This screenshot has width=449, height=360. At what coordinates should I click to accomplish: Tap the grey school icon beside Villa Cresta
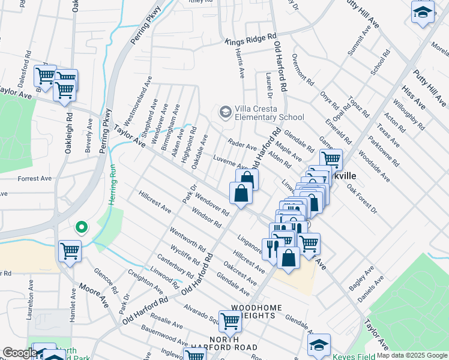pos(225,112)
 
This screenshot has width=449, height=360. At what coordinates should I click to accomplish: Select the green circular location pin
pos(81,227)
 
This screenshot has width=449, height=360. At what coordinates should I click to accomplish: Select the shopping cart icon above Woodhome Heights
pos(230,321)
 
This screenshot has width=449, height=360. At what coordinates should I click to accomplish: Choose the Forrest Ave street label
pos(35,179)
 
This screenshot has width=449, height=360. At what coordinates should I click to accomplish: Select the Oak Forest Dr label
pos(361,199)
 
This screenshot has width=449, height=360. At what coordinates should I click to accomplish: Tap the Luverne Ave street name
pos(231,162)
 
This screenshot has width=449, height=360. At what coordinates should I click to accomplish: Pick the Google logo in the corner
pos(19,353)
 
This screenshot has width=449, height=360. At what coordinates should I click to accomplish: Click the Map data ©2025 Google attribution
pos(412,356)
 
